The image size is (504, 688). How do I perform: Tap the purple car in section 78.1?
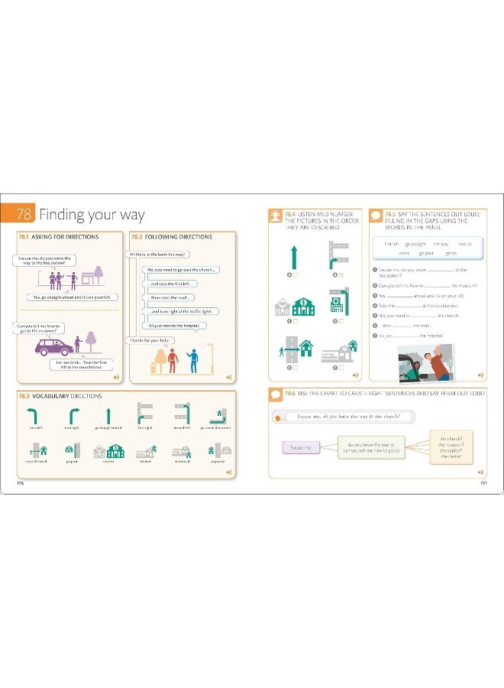(x=54, y=346)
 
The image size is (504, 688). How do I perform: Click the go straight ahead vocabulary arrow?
(x=108, y=415)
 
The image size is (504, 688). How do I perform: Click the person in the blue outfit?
(x=192, y=359)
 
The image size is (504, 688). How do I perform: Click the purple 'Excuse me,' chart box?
(x=301, y=447)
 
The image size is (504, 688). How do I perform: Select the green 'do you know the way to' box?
(x=371, y=448)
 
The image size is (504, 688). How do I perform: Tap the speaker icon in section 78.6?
(x=480, y=473)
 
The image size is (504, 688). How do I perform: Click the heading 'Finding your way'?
(x=92, y=214)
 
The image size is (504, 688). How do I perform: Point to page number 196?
(x=21, y=482)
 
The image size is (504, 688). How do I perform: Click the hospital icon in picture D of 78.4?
(x=337, y=303)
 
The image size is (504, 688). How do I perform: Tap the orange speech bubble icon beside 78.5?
(x=375, y=216)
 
